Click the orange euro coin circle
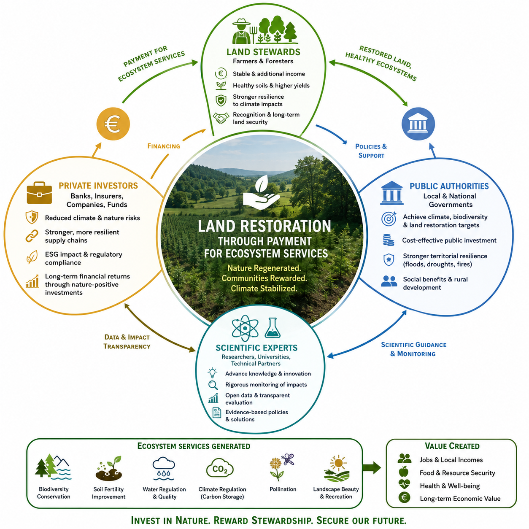click(x=113, y=124)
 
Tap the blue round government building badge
click(x=418, y=124)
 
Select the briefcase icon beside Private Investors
click(x=39, y=192)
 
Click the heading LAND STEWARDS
click(x=263, y=52)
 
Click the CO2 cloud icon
click(x=220, y=469)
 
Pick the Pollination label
click(x=283, y=489)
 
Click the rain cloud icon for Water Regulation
click(x=164, y=468)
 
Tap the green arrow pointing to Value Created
click(x=372, y=467)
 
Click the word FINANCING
click(x=164, y=146)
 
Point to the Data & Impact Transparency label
click(x=127, y=342)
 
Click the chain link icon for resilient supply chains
click(x=32, y=236)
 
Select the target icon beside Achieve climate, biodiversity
click(x=389, y=219)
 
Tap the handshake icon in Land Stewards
click(x=221, y=118)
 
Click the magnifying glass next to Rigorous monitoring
click(x=213, y=385)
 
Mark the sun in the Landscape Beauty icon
click(x=338, y=463)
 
